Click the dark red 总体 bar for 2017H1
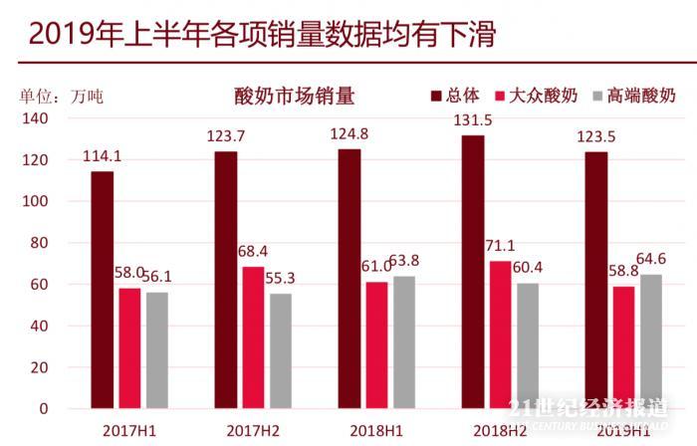tap(103, 290)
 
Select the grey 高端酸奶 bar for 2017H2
tap(281, 350)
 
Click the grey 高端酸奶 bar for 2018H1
tap(404, 341)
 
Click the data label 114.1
tap(103, 155)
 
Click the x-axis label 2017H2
tap(252, 431)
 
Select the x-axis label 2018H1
tap(376, 431)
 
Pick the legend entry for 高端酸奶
tap(633, 96)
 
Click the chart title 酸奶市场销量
tap(295, 97)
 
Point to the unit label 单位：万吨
tap(61, 97)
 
